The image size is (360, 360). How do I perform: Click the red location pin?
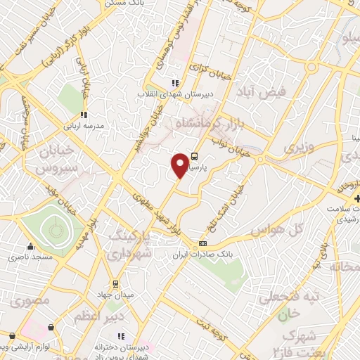180,165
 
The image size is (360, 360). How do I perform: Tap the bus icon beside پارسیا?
195,158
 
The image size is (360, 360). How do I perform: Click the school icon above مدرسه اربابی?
83,115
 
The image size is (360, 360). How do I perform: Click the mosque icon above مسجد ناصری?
30,246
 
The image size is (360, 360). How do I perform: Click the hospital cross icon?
358,199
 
